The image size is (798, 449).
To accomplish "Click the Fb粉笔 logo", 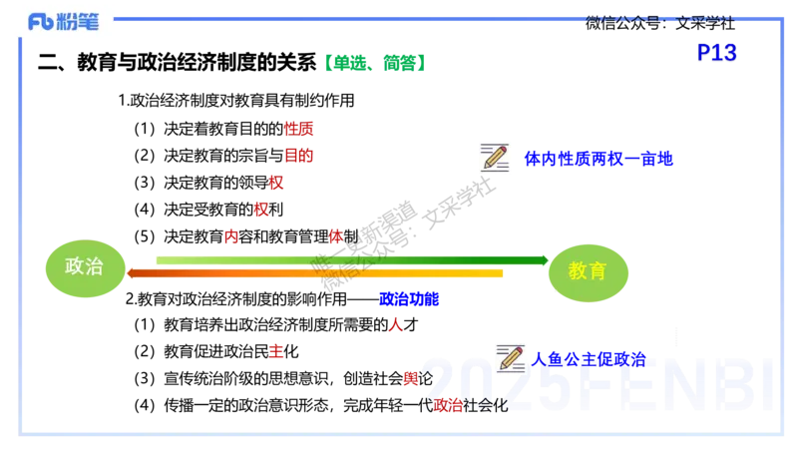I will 64,21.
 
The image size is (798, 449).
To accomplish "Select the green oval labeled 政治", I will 85,268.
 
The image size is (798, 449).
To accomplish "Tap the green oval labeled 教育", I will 587,271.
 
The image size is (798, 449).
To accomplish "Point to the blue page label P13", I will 716,52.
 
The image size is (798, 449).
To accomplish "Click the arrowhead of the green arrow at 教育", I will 544,260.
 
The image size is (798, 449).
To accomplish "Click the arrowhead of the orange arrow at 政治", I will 131,272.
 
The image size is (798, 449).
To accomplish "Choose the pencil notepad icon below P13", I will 498,156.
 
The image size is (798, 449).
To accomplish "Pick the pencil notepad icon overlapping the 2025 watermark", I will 513,356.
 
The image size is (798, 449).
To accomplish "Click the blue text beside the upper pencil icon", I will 598,158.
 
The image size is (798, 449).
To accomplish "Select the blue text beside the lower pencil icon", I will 589,359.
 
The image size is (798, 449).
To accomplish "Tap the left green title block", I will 348,62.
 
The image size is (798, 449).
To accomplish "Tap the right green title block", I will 405,62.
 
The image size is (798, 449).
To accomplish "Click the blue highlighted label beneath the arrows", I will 409,298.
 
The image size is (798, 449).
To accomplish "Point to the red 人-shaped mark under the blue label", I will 395,323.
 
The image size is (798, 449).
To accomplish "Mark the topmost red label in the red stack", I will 298,129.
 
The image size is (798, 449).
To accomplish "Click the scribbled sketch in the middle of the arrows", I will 342,264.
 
